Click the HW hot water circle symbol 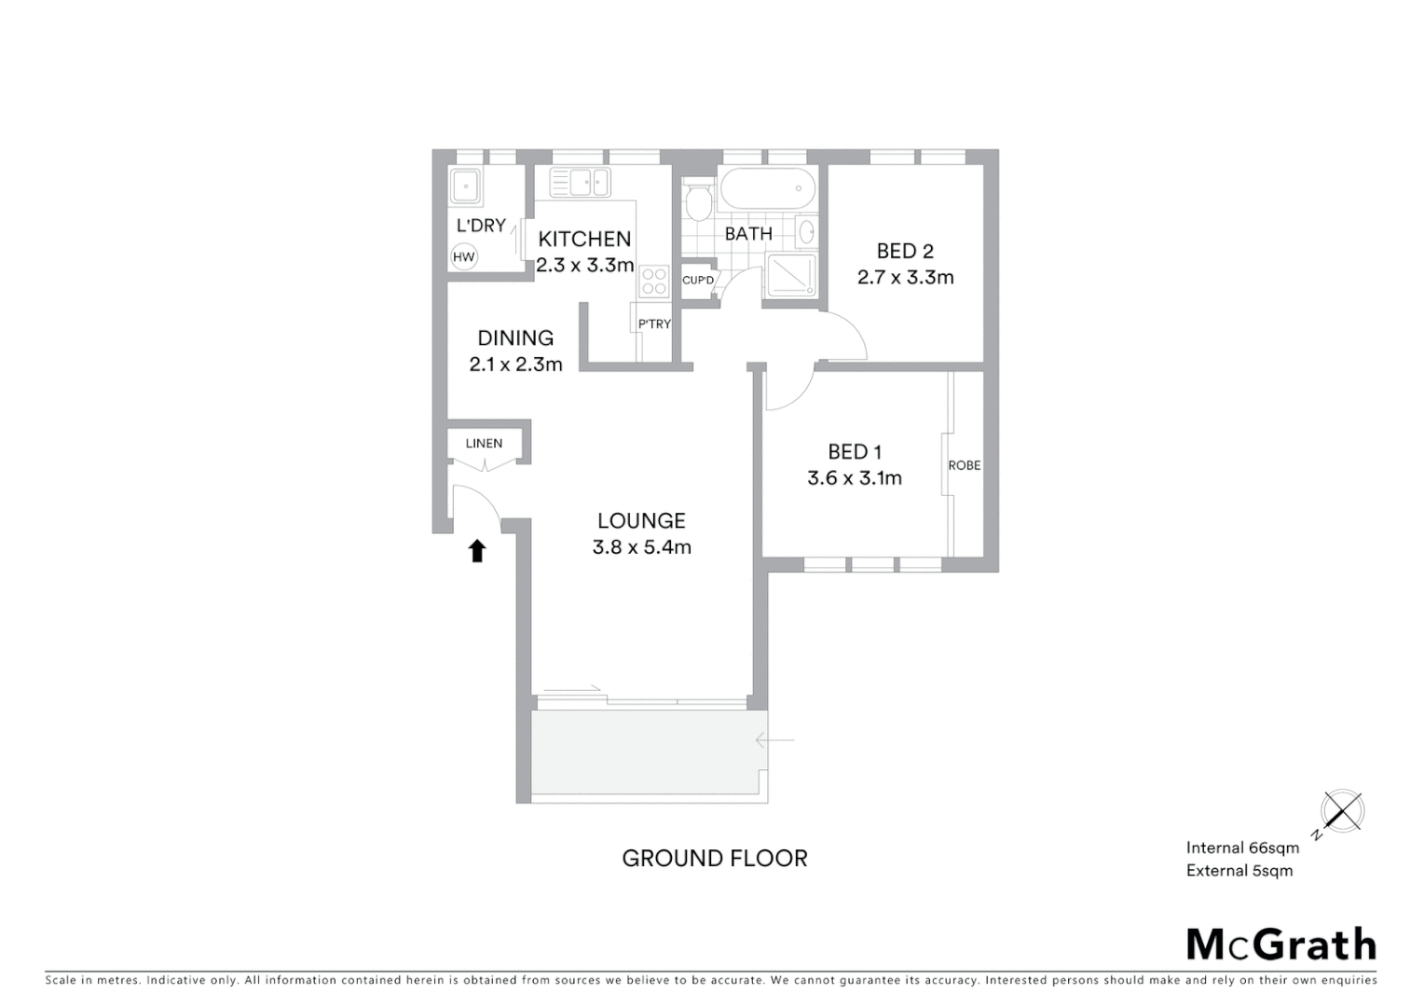coord(463,257)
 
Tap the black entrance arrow coord(477,551)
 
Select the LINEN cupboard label coord(484,443)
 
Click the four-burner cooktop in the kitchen coord(655,281)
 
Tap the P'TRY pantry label coord(654,324)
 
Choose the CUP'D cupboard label coord(698,281)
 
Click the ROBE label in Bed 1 coord(965,465)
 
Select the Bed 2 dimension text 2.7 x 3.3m coord(905,277)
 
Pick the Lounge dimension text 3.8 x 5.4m coord(642,547)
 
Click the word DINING coord(515,338)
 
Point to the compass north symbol coord(1341,812)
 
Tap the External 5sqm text coord(1239,871)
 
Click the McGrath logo coord(1281,945)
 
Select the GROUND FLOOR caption coord(715,858)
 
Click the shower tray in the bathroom coord(790,277)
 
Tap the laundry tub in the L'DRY coord(464,186)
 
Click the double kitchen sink coord(580,182)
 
